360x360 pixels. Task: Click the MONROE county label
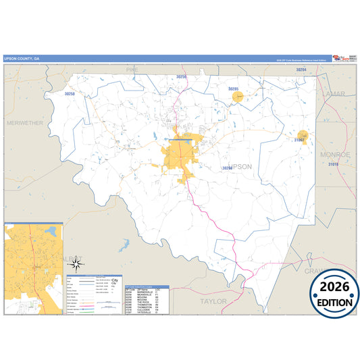pyautogui.click(x=334, y=154)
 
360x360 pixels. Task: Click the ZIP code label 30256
pyautogui.click(x=181, y=78)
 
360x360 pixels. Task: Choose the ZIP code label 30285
pyautogui.click(x=234, y=89)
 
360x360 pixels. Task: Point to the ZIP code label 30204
pyautogui.click(x=301, y=70)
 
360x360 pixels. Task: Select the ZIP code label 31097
pyautogui.click(x=300, y=140)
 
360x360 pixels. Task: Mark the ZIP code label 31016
pyautogui.click(x=332, y=165)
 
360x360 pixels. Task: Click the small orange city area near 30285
pyautogui.click(x=237, y=97)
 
